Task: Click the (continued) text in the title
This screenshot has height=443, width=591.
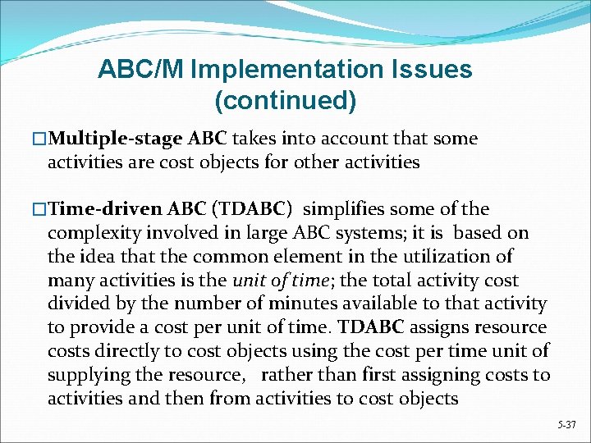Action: tap(285, 101)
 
